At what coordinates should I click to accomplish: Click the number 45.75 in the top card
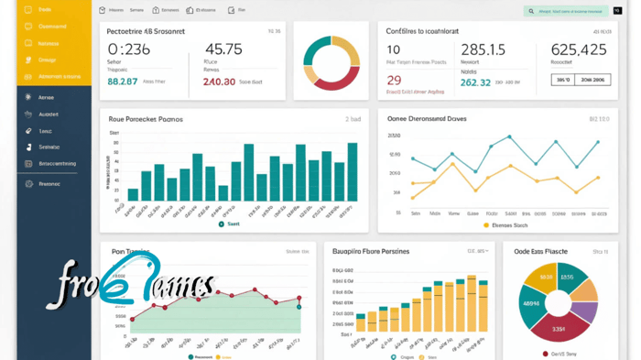(223, 49)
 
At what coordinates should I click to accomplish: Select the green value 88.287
(122, 82)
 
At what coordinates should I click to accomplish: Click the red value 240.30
(219, 82)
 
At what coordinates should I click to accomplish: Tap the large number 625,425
(579, 49)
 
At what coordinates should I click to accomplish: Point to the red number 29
(394, 81)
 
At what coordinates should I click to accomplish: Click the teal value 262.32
(475, 82)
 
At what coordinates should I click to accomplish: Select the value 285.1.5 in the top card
(483, 49)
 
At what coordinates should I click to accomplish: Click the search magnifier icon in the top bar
(531, 11)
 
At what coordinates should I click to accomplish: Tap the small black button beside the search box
(617, 11)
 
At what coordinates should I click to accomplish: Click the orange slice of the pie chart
(584, 290)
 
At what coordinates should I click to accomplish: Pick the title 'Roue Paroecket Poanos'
(146, 119)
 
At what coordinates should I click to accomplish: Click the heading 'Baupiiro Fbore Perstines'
(370, 250)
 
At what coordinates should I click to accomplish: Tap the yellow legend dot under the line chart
(486, 224)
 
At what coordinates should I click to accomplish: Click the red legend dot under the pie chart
(546, 354)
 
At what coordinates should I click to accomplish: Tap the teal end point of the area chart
(299, 306)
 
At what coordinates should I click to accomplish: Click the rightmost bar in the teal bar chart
(353, 171)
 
